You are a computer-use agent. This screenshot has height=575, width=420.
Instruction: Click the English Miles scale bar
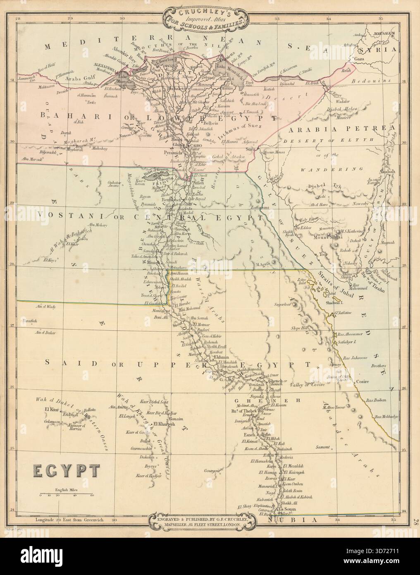tap(66, 494)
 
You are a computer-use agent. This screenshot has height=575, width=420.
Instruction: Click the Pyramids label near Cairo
tap(169, 153)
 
